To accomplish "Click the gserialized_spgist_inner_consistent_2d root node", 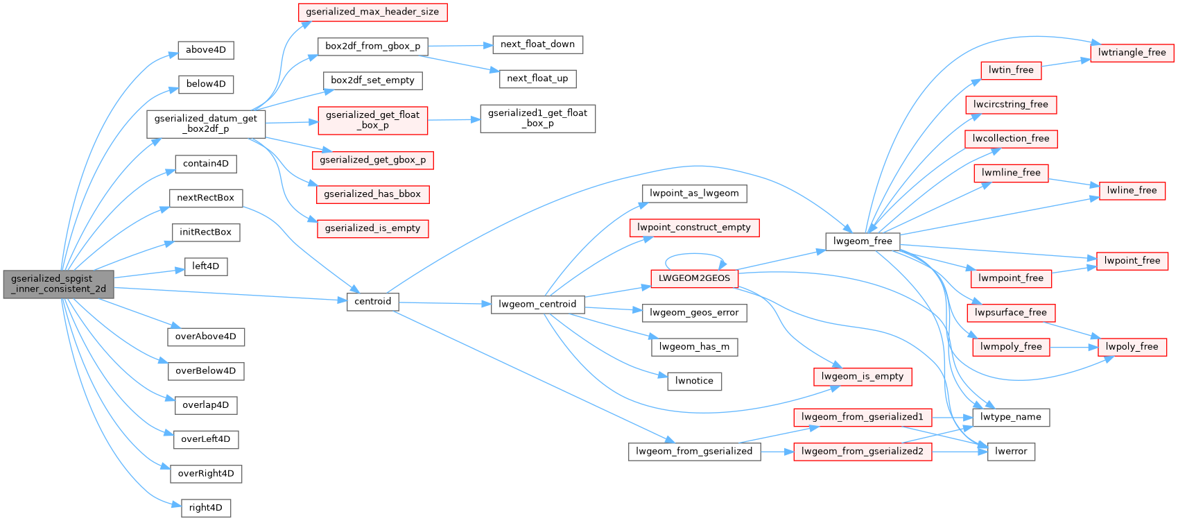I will [x=58, y=284].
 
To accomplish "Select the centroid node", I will [x=372, y=301].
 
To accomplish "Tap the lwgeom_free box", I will [x=863, y=241].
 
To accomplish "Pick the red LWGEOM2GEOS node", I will [x=694, y=277].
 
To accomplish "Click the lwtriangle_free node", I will [x=1132, y=52].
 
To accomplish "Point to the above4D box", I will [x=206, y=50].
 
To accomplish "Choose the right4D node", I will [x=205, y=507].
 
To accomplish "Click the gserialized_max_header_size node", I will [x=372, y=12].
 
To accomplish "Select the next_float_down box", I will [x=537, y=44].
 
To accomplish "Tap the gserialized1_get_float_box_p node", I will [x=537, y=118].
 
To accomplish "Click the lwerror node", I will [x=1011, y=451].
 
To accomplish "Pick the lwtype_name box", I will [x=1011, y=417].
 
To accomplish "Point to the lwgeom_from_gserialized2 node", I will [x=863, y=451].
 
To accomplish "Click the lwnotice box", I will [x=694, y=380].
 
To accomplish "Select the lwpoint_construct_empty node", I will [x=694, y=227].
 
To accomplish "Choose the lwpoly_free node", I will [x=1132, y=346].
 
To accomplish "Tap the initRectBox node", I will [x=205, y=232].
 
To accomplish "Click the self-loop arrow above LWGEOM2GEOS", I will [x=694, y=255].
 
